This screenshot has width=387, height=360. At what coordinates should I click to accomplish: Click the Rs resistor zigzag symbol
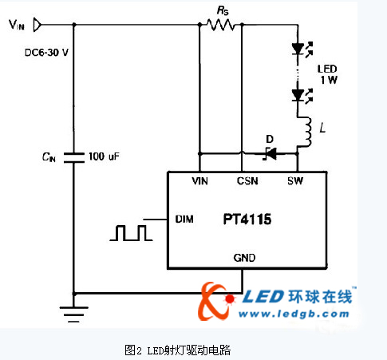coord(221,25)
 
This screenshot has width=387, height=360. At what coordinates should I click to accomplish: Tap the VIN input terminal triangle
coord(38,25)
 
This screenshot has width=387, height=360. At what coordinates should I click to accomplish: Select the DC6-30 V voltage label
coord(46,53)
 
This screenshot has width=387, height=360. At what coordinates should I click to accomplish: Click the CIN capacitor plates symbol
coord(74,157)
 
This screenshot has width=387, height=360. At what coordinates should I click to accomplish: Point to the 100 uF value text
coord(104,156)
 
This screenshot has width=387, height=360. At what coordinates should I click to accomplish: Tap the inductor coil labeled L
coord(306,132)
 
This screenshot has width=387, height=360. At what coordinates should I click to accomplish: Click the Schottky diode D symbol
coord(270,153)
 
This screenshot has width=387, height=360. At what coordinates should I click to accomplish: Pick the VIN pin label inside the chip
coord(199,181)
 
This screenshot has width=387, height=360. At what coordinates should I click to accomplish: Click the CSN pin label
coord(247,181)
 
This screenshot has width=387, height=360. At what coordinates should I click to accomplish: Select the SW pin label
coord(295,181)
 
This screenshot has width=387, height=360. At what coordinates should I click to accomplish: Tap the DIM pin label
coord(184,220)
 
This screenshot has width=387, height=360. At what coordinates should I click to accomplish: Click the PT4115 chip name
coord(247,220)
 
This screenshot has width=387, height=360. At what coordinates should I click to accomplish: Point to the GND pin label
coord(244,258)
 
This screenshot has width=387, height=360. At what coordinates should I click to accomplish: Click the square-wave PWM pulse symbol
coord(131,233)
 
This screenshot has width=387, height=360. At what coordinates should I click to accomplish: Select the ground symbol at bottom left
coord(73,315)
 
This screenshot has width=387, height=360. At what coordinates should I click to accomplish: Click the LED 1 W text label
coord(328,74)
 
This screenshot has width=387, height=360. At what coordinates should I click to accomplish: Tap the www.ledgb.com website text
coord(294,314)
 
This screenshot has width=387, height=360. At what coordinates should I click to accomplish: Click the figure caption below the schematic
coord(177,350)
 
